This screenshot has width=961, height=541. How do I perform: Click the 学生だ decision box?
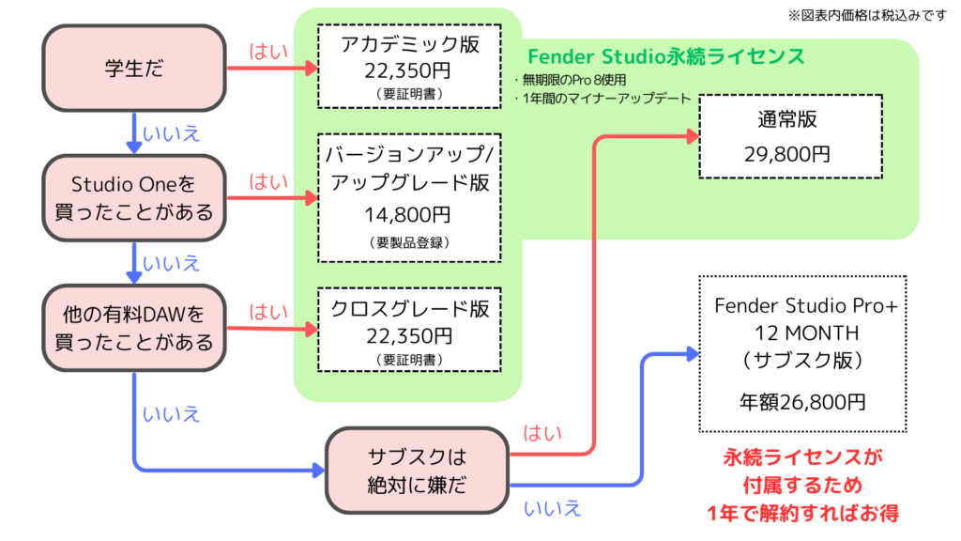(134, 68)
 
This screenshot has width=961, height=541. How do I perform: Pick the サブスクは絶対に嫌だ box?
(416, 471)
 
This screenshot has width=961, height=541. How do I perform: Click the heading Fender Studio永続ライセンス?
(665, 56)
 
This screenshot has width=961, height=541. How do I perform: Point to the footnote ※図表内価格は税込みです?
(868, 15)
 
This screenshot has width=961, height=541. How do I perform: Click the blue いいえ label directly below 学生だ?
(172, 134)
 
